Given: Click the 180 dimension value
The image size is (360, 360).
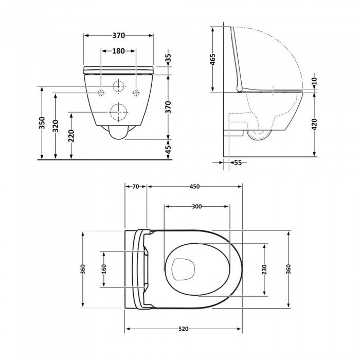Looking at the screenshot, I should coord(119,51).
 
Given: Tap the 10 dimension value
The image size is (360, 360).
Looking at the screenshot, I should coord(314,81).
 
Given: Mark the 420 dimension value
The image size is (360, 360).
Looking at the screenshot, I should coord(314,124).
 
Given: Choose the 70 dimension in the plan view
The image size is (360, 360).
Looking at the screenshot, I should coord(135,187).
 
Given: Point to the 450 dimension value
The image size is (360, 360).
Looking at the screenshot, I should coord(194,187).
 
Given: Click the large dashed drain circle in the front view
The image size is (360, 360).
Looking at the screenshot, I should coord(118,112).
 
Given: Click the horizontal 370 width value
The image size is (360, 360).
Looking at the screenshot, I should coord(118,35).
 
